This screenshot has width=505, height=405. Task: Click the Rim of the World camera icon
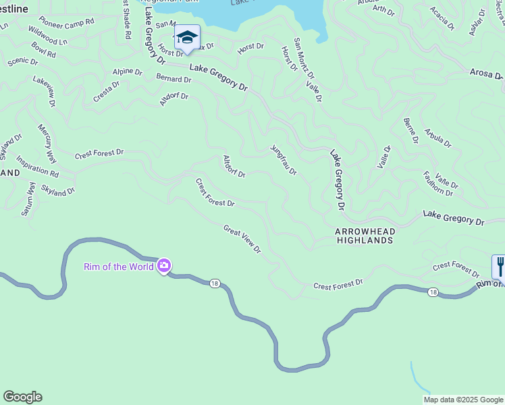point(163,266)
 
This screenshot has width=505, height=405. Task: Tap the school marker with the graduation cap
point(187,38)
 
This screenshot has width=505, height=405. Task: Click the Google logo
point(22,397)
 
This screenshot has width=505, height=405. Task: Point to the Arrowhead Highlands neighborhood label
point(365,236)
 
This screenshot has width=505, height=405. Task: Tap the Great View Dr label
point(242,239)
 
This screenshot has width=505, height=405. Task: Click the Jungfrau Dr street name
point(284,160)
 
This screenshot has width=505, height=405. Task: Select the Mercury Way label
point(46,143)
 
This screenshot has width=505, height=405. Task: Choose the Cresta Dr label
point(107,92)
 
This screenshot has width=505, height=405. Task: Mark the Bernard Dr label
point(174,79)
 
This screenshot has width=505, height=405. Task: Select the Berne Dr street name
point(411,130)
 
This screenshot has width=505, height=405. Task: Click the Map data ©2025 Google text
point(462,400)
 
